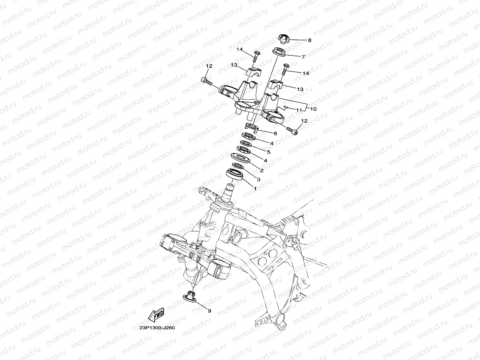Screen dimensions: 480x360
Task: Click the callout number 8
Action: [x=309, y=40]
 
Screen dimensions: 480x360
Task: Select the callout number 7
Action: [x=303, y=57]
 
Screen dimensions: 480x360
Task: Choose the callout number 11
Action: [x=299, y=110]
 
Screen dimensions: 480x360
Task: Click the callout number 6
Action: [x=275, y=134]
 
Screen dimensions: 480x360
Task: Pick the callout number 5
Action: [x=269, y=152]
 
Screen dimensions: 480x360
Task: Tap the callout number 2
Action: [x=261, y=170]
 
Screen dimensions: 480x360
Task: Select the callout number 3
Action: [x=258, y=180]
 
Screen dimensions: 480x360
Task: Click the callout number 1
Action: [x=255, y=189]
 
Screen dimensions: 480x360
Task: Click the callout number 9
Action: [x=209, y=311]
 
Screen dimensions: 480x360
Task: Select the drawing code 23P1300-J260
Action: [x=157, y=328]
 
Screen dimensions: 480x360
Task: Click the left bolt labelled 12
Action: [x=206, y=81]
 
